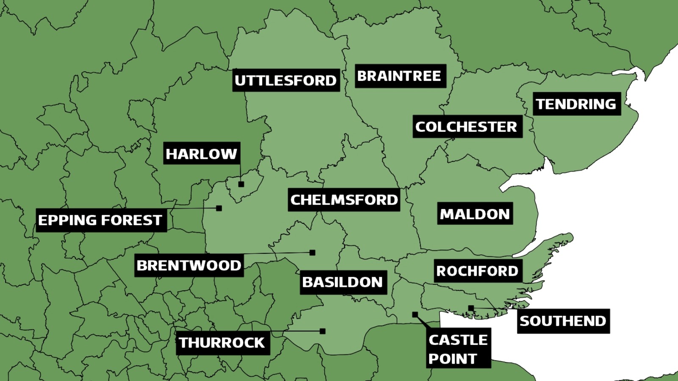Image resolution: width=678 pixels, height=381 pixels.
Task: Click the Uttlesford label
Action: click(x=286, y=80)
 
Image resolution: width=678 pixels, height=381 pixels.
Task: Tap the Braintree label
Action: click(x=400, y=76)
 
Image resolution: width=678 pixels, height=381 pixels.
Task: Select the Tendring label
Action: click(x=576, y=104)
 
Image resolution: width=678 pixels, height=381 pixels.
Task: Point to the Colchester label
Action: click(x=467, y=126)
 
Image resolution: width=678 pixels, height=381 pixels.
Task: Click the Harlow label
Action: click(x=201, y=153)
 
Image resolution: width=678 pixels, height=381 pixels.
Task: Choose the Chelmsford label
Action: click(x=344, y=200)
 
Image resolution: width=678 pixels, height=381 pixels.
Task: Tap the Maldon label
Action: click(x=475, y=214)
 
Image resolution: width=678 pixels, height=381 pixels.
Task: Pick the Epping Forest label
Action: click(x=101, y=220)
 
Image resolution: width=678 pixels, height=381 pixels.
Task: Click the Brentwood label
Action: click(x=189, y=265)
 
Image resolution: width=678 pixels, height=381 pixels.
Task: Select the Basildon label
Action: click(x=343, y=282)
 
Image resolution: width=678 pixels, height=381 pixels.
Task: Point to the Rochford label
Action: click(x=478, y=271)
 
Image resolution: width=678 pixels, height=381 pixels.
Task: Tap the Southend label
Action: click(x=563, y=321)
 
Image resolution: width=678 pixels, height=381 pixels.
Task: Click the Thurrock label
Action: click(x=222, y=342)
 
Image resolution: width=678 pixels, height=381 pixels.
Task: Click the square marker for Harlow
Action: click(x=241, y=184)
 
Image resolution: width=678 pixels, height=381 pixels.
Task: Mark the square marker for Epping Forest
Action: click(x=219, y=208)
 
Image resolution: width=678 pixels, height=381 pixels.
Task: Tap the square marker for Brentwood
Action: click(x=312, y=253)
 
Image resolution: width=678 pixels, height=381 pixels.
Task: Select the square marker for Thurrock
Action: click(x=322, y=331)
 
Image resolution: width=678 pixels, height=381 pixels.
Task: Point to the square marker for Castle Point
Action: click(x=415, y=314)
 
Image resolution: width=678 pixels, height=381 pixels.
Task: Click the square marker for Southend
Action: click(x=471, y=308)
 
